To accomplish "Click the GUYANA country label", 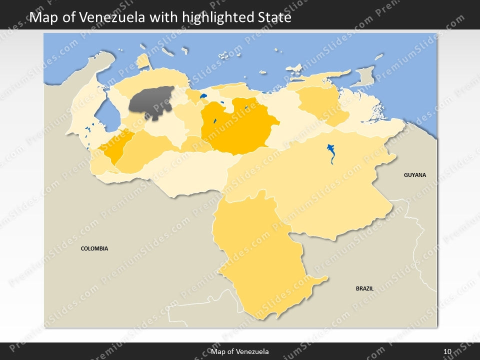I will point(415,175).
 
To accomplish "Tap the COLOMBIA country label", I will point(94,248).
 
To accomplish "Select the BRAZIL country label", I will point(364,288).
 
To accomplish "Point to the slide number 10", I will point(447,351).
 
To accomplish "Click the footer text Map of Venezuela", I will point(240,351).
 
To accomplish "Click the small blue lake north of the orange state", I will point(203,96).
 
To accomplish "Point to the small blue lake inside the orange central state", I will point(214,120).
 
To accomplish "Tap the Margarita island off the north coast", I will point(295,67).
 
